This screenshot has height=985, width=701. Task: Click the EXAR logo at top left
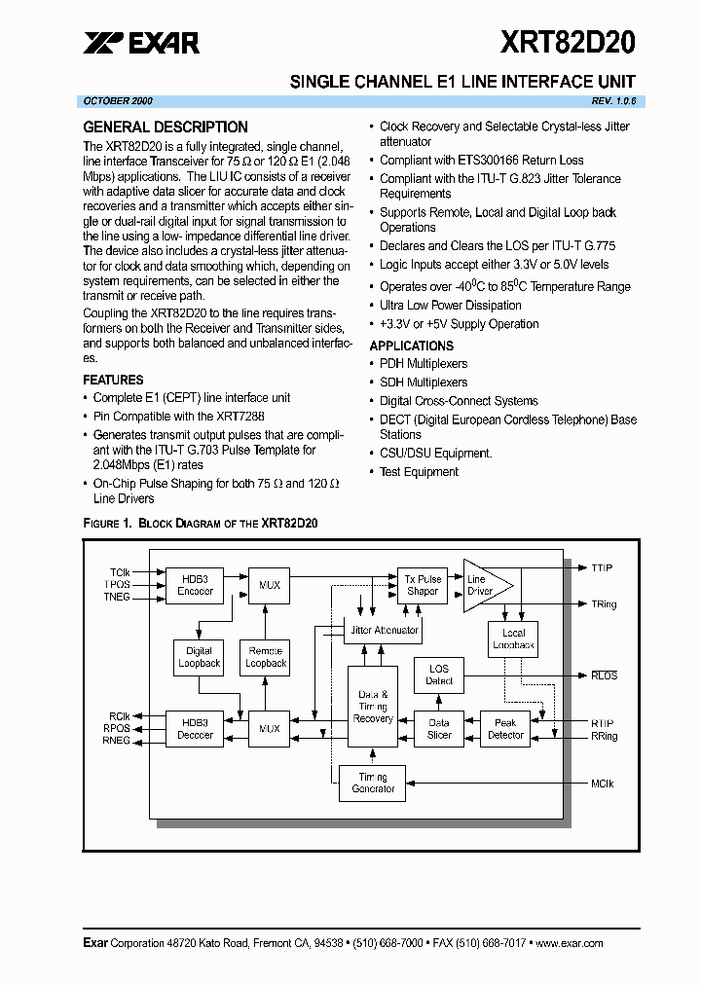coord(141,43)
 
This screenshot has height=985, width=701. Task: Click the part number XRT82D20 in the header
coord(568,42)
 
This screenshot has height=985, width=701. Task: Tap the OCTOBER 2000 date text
coord(118,101)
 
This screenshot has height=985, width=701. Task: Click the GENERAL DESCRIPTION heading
coord(166,128)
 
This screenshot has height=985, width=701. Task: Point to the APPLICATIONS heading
coord(411,346)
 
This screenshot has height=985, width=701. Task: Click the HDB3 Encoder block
coord(195,584)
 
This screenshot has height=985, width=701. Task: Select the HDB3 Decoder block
coord(195,728)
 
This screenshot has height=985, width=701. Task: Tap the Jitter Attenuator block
coord(384,630)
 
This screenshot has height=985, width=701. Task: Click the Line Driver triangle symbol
coord(482,585)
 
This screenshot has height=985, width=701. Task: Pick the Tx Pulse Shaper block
coord(423,585)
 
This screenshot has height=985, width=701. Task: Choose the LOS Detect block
coord(439,675)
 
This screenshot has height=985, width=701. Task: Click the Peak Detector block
coord(505,728)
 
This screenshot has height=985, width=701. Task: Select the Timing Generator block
coord(373,783)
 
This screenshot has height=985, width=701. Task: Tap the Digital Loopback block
coord(199,657)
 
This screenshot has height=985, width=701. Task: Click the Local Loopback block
coord(513,638)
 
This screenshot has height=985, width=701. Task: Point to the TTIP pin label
coord(601,567)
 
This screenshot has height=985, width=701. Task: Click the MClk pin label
coord(602,784)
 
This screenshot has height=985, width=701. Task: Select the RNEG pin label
coord(117,741)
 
